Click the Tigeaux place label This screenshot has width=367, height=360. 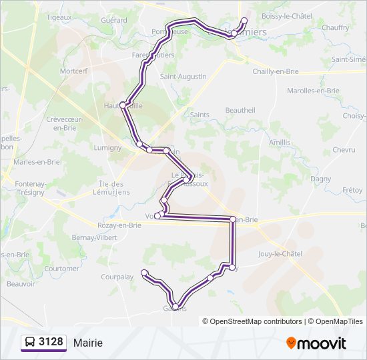pos(59,17)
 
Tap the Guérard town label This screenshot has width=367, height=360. pos(113,21)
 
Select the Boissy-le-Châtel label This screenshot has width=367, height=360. pos(287,16)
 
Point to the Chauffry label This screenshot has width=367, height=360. pos(335,28)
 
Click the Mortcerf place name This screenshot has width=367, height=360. pos(74,71)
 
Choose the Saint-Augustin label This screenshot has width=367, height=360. pos(183,77)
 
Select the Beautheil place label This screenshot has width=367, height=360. pos(240,110)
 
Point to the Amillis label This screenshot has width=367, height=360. pos(280,143)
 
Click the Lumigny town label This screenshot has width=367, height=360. pos(107,147)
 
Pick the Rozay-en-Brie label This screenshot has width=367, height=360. pos(119,225)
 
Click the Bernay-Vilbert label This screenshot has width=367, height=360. pos(94,237)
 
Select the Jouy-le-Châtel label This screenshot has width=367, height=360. pos(280,254)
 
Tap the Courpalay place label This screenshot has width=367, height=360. pos(117,276)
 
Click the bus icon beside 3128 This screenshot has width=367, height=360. pos(30,343)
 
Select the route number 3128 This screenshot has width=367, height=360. pos(51,343)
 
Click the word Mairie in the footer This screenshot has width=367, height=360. pos(88,343)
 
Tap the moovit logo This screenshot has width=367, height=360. pos(316,343)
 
